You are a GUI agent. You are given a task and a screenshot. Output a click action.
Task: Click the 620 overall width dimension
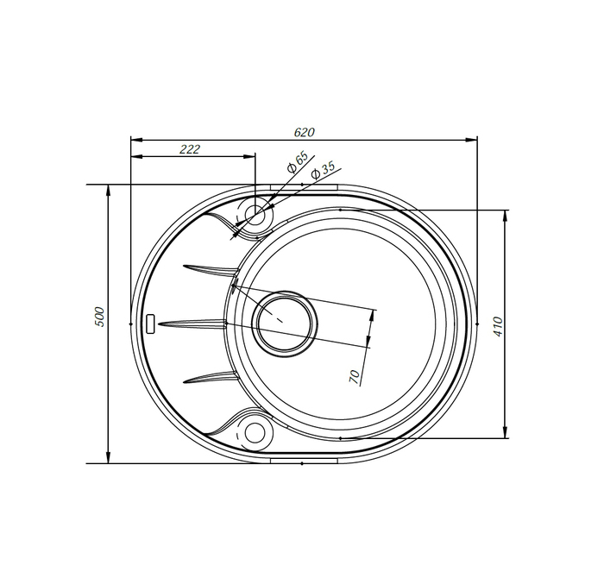tap(304, 132)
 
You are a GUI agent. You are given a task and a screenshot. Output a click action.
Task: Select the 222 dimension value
tap(190, 149)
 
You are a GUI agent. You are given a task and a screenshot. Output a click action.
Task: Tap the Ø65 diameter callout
tap(297, 161)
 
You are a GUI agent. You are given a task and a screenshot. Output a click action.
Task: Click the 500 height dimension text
tap(99, 317)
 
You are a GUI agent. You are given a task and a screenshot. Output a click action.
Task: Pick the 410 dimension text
tap(498, 326)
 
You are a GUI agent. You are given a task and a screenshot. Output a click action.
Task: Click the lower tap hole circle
tap(255, 431)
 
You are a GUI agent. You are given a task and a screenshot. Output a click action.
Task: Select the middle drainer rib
tap(194, 324)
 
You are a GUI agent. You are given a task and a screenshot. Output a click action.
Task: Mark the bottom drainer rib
tap(209, 377)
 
